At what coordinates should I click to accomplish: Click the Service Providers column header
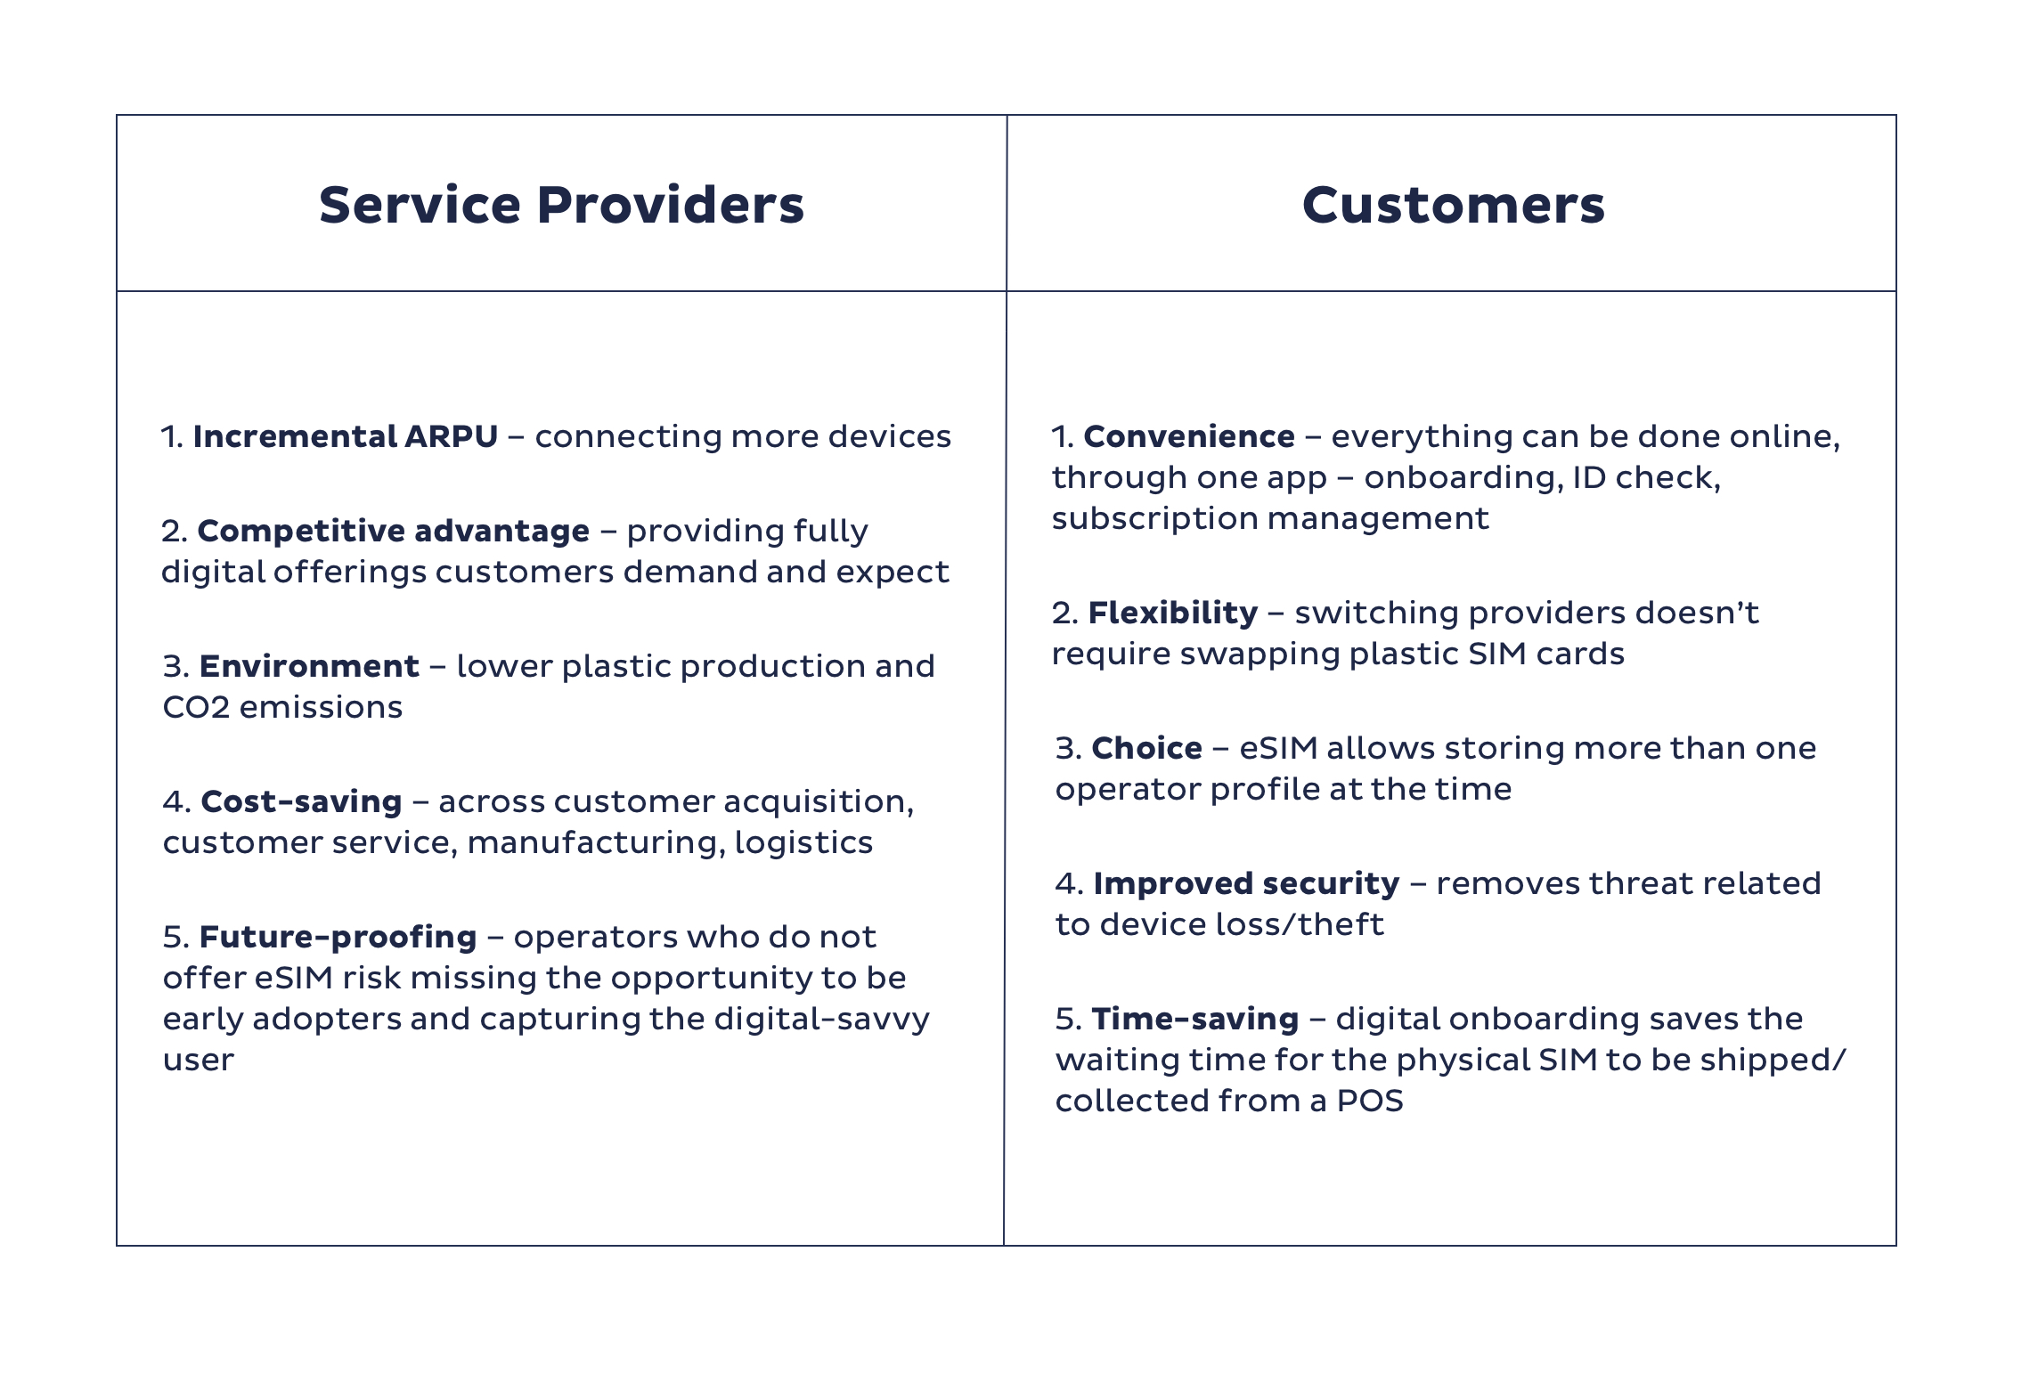(x=561, y=205)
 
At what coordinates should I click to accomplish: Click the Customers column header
(x=1453, y=205)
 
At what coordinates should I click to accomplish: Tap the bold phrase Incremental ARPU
(x=346, y=436)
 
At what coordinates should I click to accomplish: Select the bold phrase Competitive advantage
(x=394, y=531)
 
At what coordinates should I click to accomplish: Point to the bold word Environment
(x=309, y=666)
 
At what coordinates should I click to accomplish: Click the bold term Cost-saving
(x=302, y=801)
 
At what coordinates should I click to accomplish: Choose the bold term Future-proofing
(x=338, y=938)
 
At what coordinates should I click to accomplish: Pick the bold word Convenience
(x=1189, y=436)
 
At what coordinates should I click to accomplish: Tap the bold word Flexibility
(x=1173, y=614)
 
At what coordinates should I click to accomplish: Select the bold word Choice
(x=1147, y=748)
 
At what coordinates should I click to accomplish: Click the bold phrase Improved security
(x=1247, y=884)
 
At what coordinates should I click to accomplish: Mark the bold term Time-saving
(x=1195, y=1019)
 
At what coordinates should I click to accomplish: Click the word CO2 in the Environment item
(x=196, y=707)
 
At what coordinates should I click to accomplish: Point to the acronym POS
(x=1370, y=1102)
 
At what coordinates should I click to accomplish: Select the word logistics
(x=803, y=843)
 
